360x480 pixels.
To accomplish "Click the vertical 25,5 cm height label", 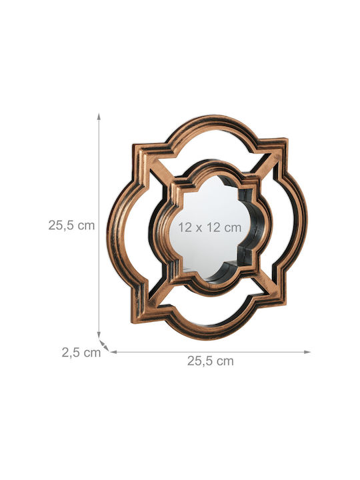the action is [71, 225].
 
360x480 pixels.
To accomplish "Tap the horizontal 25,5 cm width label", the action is [211, 361].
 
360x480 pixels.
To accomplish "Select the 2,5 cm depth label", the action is [81, 353].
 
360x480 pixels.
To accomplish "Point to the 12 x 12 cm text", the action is [210, 227].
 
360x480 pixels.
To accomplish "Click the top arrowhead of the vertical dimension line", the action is [99, 116].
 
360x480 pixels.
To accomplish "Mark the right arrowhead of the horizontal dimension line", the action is [307, 352].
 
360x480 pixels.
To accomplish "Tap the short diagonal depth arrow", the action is [104, 345].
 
